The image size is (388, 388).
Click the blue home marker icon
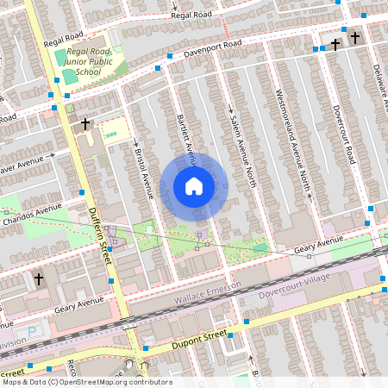[x=194, y=186]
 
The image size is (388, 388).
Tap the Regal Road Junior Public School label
[x=90, y=62]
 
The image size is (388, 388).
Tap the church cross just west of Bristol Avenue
[x=84, y=124]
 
